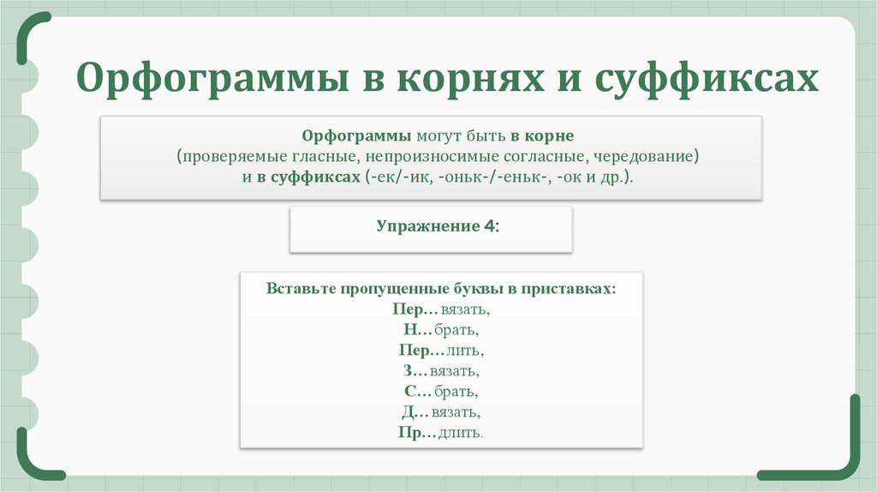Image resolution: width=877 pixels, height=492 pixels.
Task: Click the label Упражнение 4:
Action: click(437, 226)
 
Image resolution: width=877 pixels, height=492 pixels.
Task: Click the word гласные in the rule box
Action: click(323, 157)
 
